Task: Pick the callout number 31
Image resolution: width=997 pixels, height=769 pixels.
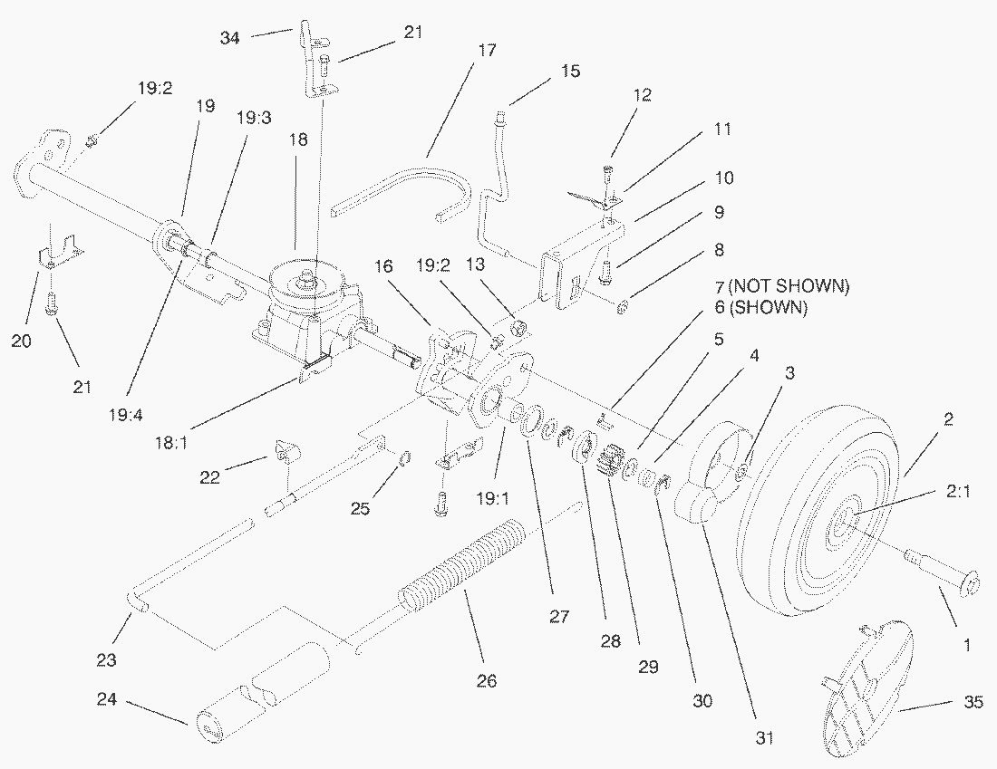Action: [766, 737]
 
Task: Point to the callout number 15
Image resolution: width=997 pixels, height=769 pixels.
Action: [570, 71]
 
